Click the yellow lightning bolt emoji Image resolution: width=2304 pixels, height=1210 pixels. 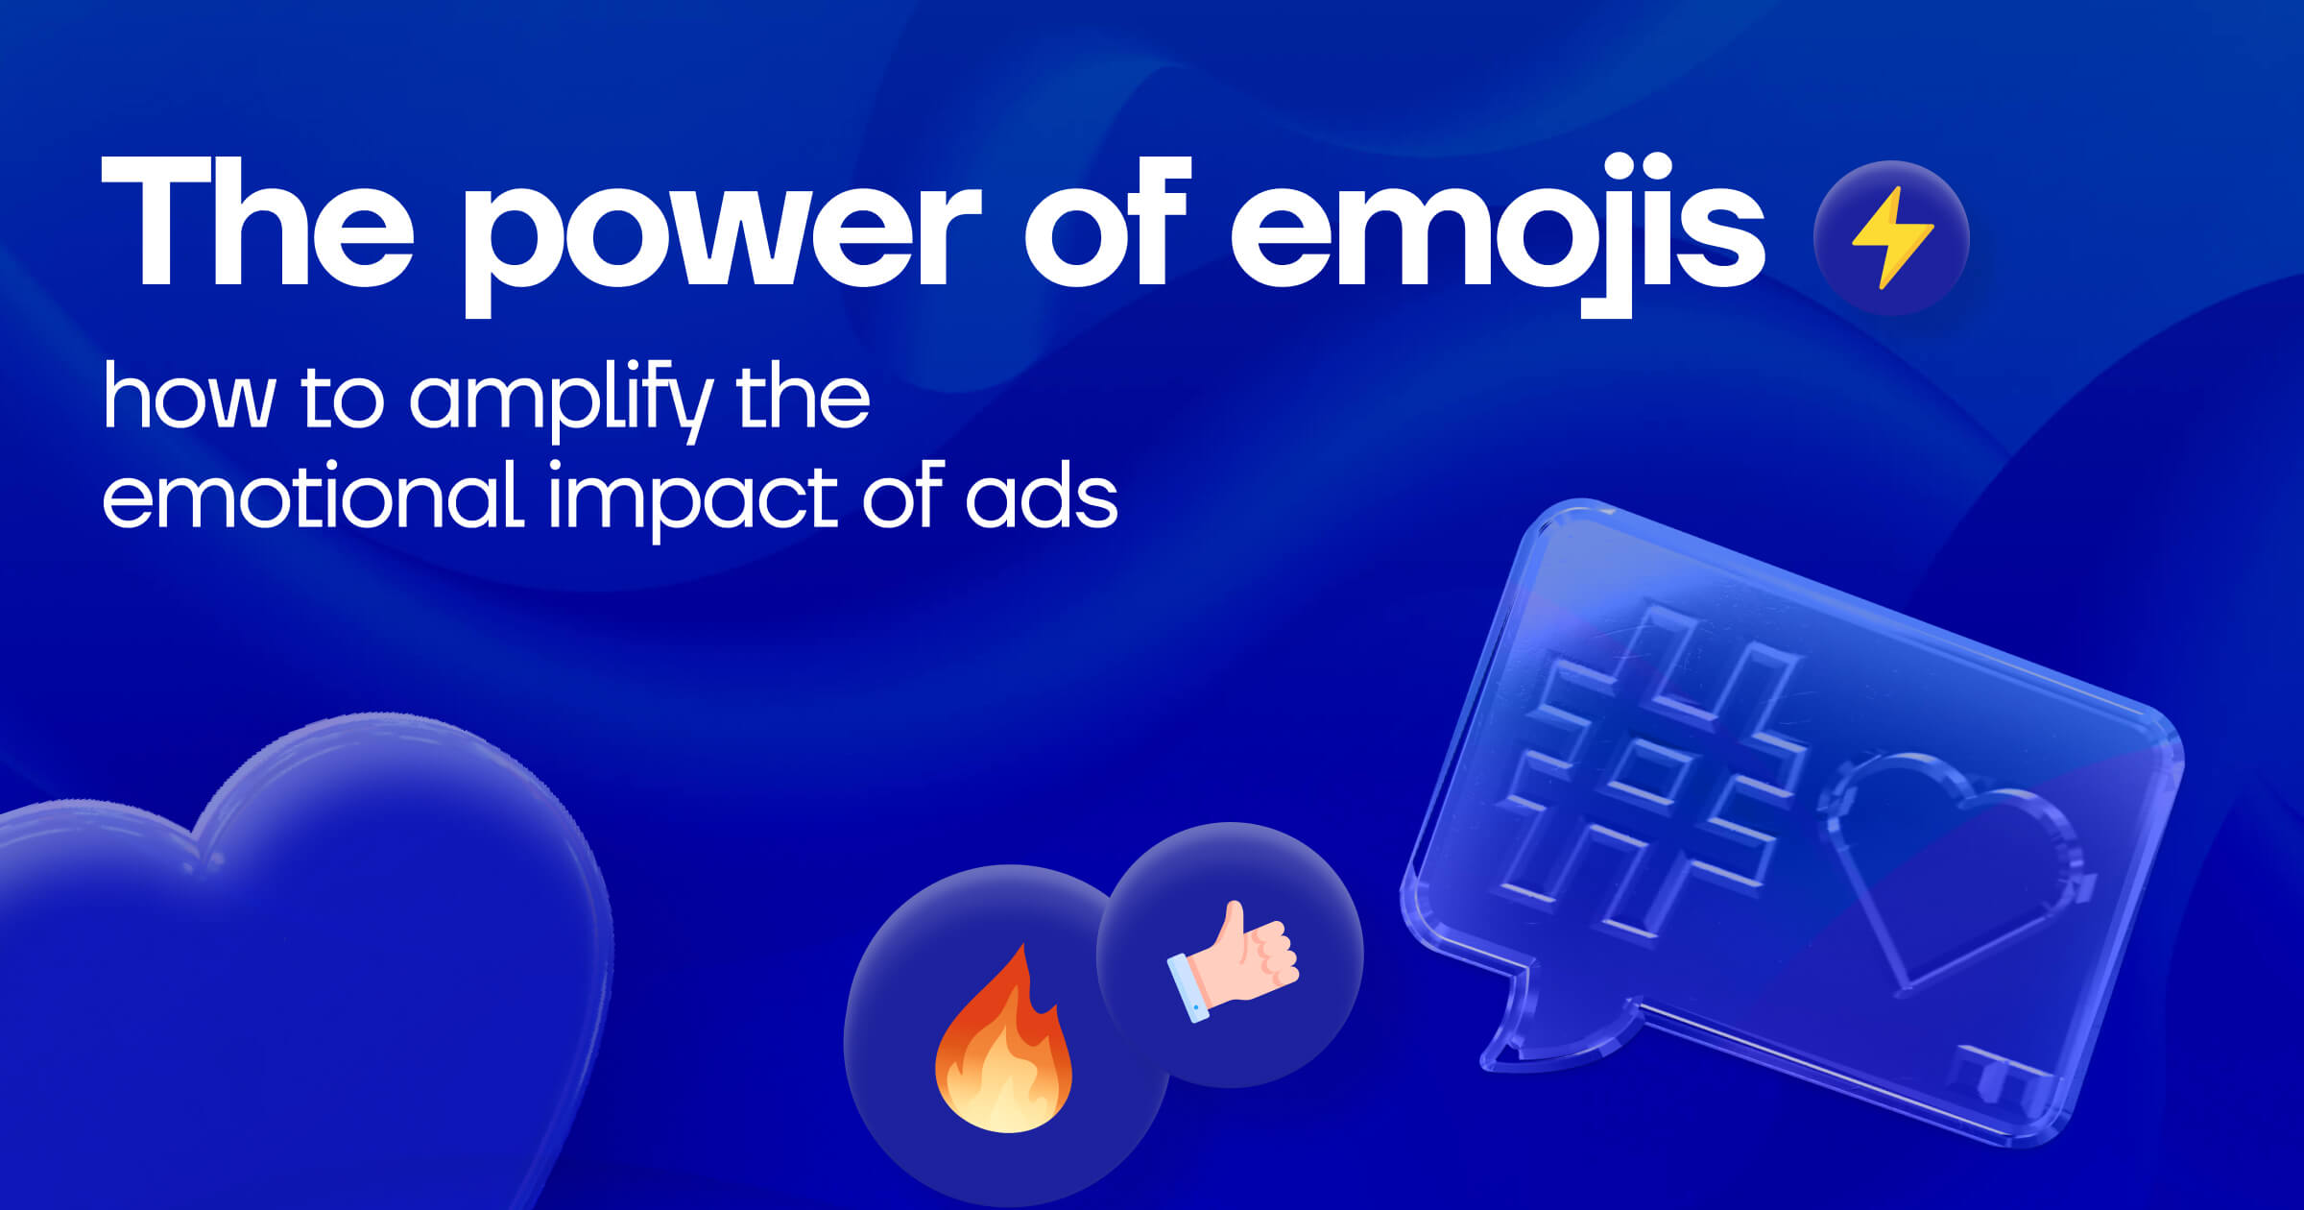1891,237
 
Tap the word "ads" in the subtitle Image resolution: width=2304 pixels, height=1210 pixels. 1042,496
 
